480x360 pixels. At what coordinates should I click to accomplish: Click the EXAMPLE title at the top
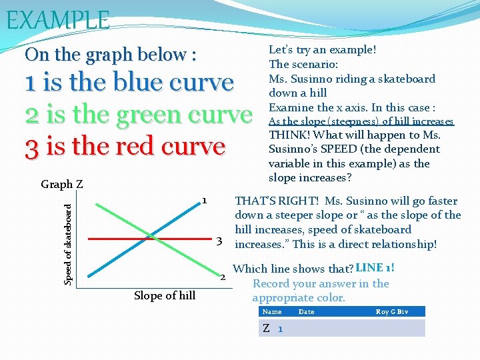click(x=57, y=19)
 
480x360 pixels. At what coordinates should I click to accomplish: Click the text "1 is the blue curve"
click(x=129, y=83)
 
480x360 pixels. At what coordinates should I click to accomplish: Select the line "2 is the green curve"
click(x=139, y=115)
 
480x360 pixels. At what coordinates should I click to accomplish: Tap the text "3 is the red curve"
click(x=125, y=146)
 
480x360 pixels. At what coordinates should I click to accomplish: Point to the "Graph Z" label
click(x=61, y=184)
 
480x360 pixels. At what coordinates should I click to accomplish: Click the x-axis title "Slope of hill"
click(x=165, y=295)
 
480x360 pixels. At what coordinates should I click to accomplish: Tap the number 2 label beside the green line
click(x=223, y=277)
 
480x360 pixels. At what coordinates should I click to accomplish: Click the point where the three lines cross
click(x=152, y=237)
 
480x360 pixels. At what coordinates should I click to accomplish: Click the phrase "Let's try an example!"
click(x=322, y=50)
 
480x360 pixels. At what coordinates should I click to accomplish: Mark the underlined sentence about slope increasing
click(x=361, y=121)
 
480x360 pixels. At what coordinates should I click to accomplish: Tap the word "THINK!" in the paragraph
click(x=287, y=135)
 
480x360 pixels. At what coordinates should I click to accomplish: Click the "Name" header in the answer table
click(x=272, y=312)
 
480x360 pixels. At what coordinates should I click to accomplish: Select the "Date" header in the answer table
click(x=306, y=312)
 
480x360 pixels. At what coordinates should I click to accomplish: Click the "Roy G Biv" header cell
click(x=391, y=312)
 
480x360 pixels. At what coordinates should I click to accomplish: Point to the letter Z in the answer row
click(x=266, y=329)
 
